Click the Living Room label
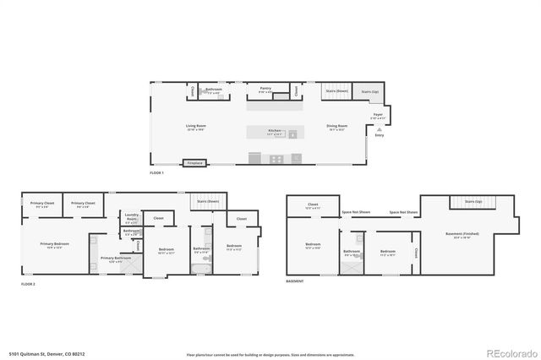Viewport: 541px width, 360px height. (196, 127)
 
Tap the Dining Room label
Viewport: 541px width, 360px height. (337, 127)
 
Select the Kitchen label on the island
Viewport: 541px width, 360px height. (275, 131)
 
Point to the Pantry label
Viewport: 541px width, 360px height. (265, 89)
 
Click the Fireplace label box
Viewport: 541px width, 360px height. (195, 161)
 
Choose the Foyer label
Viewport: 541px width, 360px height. (378, 113)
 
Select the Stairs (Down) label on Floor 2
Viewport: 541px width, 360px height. (208, 202)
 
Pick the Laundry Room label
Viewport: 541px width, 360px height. (131, 215)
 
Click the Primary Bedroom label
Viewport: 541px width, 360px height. (55, 243)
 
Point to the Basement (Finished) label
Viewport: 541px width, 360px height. (467, 234)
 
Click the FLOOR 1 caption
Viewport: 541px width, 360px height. (156, 173)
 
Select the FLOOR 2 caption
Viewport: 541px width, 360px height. (28, 284)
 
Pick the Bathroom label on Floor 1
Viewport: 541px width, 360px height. (214, 90)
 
